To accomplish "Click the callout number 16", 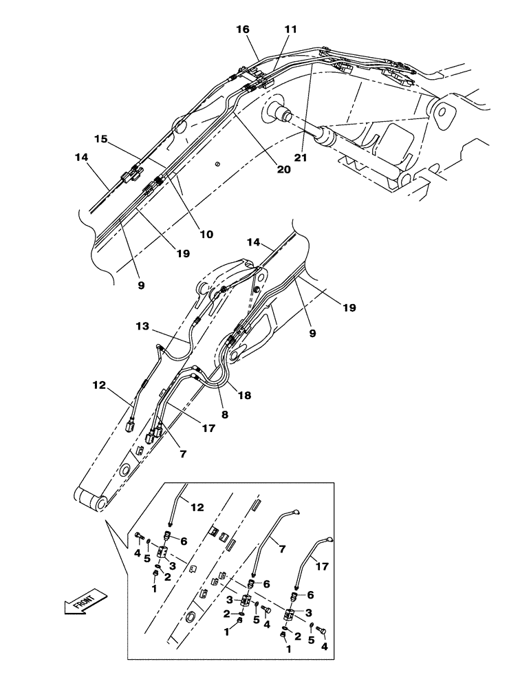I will click(243, 30).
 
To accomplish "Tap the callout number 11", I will click(291, 30).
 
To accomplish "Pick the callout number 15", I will click(100, 139).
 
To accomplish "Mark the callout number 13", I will click(142, 327).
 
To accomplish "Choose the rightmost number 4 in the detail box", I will click(325, 648).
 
